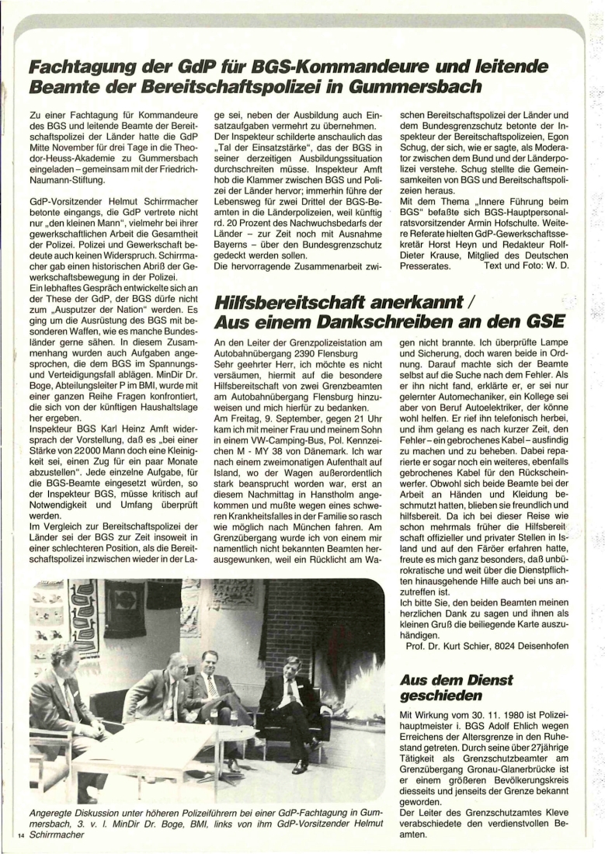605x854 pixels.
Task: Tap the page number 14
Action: click(x=20, y=835)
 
